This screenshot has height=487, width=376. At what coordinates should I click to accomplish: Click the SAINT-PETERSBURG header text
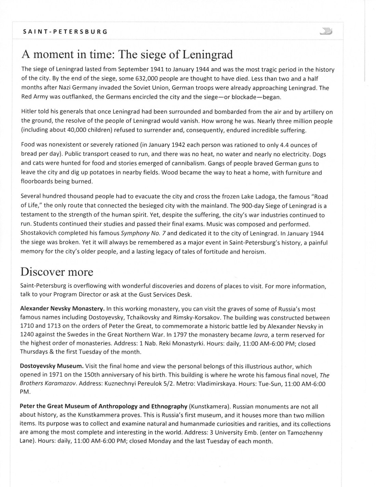pos(65,32)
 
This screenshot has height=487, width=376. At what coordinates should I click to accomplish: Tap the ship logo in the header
pos(326,31)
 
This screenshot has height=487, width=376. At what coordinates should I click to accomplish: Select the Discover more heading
pos(57,272)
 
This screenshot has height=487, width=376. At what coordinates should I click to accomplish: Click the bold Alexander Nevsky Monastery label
pos(62,309)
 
